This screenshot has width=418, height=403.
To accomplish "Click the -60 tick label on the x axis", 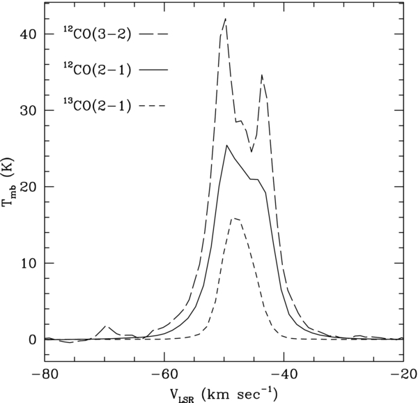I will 164,374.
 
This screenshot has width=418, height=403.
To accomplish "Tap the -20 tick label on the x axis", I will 403,374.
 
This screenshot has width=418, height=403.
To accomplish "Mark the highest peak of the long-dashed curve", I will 226,19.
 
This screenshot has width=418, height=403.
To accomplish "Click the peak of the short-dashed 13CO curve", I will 235,218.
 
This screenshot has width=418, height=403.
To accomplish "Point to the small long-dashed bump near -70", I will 106,326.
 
